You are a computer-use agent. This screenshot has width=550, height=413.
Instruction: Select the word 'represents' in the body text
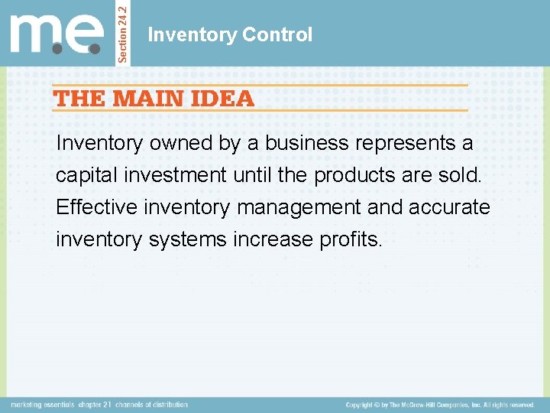pyautogui.click(x=399, y=143)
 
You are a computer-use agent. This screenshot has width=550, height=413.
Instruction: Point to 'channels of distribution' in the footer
pyautogui.click(x=152, y=404)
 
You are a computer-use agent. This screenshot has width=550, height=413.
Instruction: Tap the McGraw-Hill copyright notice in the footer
pyautogui.click(x=439, y=404)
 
